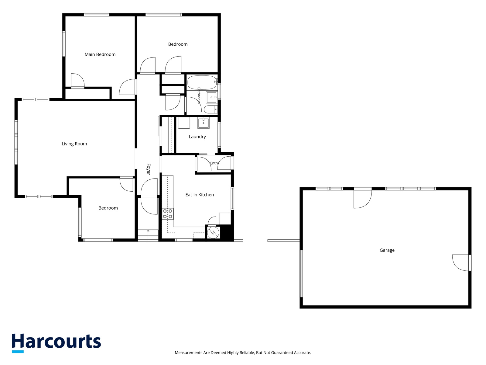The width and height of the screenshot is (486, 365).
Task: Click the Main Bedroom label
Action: (x=100, y=54)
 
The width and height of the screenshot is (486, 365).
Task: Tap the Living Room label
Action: (x=74, y=144)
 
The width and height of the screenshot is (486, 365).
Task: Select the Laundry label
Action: (x=197, y=137)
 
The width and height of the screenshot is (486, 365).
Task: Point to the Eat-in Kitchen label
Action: (x=200, y=195)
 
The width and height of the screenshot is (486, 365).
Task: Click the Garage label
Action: (x=387, y=250)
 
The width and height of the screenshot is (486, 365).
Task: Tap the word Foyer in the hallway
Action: (x=149, y=169)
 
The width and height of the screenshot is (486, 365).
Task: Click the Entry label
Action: (x=214, y=163)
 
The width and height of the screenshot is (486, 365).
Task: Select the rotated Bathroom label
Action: (x=199, y=96)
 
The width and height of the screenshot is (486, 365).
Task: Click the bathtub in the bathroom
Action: (x=202, y=82)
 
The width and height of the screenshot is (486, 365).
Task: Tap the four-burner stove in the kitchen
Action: (x=168, y=214)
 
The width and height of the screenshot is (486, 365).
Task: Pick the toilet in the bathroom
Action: (x=210, y=109)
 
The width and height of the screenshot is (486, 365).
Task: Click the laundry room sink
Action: (x=204, y=123)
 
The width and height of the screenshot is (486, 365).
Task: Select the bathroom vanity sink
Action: (x=212, y=98)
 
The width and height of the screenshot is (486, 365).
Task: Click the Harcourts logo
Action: (x=56, y=343)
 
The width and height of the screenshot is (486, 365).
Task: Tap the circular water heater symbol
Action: (x=213, y=232)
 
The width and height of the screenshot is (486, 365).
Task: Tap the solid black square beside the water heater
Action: (x=227, y=232)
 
